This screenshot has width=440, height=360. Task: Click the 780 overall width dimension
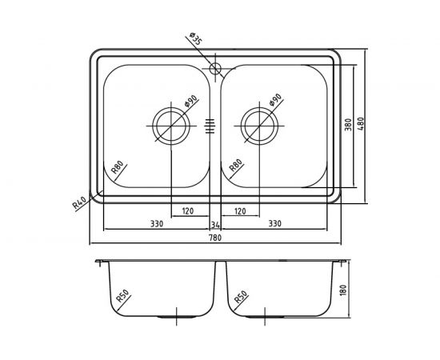tap(214, 237)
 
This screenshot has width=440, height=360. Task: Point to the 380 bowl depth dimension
tap(348, 126)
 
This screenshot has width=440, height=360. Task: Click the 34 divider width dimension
tap(214, 224)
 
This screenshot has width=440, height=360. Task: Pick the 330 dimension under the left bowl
tap(157, 224)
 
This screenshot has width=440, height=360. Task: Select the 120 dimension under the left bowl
tap(188, 211)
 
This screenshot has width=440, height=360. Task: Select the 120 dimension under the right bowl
tap(239, 211)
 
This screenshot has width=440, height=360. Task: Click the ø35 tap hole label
tap(194, 38)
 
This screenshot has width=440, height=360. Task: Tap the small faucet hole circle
tap(214, 68)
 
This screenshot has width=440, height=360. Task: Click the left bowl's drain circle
tap(171, 124)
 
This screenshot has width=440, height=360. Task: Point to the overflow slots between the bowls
tap(210, 124)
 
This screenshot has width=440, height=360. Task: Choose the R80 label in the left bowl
tap(117, 168)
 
